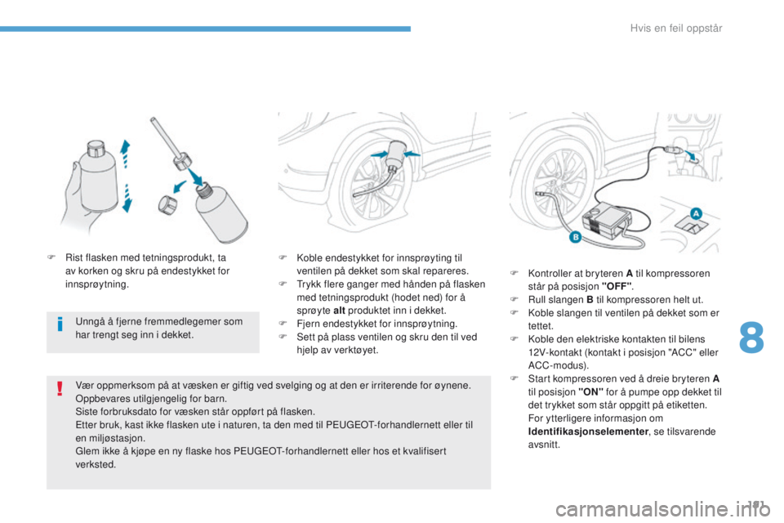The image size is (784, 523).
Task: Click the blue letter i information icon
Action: coord(61,326)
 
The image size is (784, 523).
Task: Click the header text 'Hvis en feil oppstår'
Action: coord(676,29)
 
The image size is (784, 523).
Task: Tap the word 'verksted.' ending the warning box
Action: coord(95,464)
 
